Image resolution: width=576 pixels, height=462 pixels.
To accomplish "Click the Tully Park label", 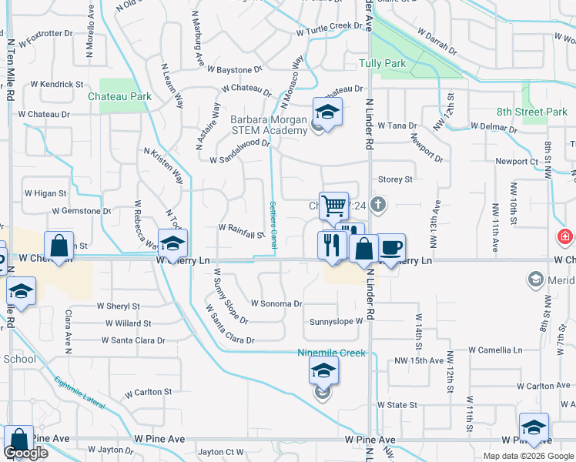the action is (383, 62).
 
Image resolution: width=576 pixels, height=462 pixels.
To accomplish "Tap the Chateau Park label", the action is (119, 97).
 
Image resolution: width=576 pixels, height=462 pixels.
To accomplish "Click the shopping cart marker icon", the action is (333, 206).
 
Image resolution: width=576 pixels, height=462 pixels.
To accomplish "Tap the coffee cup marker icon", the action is (390, 247).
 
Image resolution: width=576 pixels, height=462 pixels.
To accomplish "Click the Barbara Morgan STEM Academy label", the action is (269, 125).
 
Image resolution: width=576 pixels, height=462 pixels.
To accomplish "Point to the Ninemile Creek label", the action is (331, 353).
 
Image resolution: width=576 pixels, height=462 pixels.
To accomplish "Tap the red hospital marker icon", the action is (565, 236).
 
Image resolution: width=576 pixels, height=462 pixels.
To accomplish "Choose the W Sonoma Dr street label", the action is (276, 303).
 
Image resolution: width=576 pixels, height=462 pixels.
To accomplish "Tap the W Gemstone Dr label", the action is (82, 211).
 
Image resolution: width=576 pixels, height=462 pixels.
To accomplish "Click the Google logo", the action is (26, 452).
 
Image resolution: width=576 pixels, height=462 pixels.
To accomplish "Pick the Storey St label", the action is (395, 179).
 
